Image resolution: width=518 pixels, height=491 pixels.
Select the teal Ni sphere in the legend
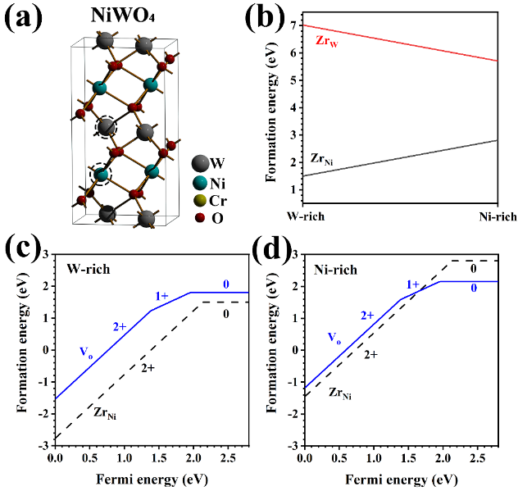click(199, 181)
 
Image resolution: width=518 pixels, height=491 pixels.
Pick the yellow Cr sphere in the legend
click(199, 200)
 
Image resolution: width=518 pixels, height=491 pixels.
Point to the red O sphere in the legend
click(199, 218)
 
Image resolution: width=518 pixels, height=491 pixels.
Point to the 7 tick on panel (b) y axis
click(297, 26)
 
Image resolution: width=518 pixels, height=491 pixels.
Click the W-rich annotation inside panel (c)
click(87, 267)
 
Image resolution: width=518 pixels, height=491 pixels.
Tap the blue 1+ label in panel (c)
click(161, 294)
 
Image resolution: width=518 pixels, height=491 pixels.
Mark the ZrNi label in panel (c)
click(107, 412)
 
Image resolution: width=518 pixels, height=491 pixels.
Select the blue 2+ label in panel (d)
click(367, 315)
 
